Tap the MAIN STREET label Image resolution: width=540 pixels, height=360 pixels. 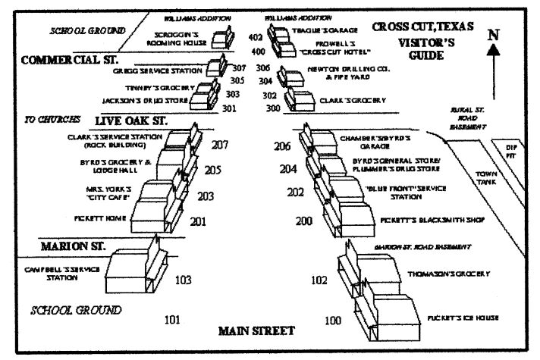(x=256, y=330)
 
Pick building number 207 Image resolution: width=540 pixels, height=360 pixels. (x=220, y=144)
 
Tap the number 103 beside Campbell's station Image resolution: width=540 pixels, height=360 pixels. (x=183, y=280)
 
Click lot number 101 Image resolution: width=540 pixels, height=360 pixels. (x=172, y=319)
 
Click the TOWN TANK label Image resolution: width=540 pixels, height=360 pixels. (x=486, y=178)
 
